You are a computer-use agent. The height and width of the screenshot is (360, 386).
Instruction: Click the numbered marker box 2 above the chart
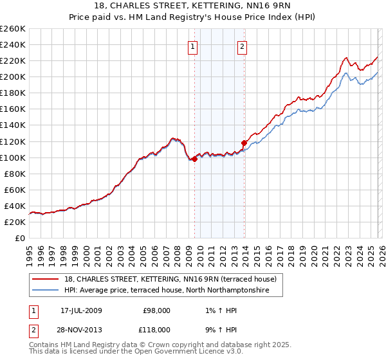point(243,46)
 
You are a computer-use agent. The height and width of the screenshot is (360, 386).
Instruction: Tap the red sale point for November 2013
point(244,143)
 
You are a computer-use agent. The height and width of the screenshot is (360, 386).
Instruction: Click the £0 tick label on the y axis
point(19,238)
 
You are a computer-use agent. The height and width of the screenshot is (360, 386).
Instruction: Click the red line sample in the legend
point(46,279)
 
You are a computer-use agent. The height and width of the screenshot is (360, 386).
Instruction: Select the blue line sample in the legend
point(46,291)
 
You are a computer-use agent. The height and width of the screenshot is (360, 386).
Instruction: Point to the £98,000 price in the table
point(156,310)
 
